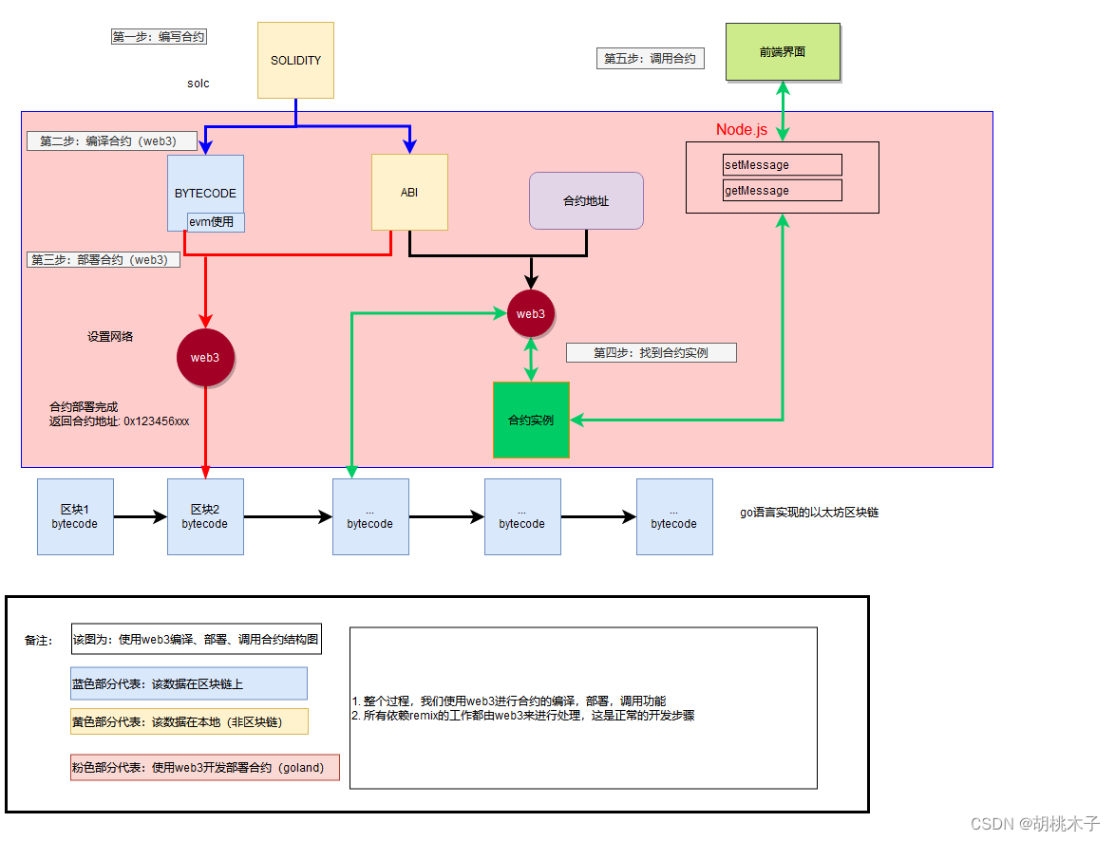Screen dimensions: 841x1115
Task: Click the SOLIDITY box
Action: pyautogui.click(x=295, y=60)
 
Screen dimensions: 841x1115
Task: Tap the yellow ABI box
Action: pyautogui.click(x=409, y=192)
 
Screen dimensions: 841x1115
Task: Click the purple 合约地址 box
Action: pyautogui.click(x=586, y=200)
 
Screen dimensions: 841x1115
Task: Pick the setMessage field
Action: pyautogui.click(x=782, y=165)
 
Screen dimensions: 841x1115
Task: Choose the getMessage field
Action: pyautogui.click(x=782, y=191)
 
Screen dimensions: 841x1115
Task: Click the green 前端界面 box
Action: pyautogui.click(x=783, y=52)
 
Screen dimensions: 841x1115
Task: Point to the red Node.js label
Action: pyautogui.click(x=741, y=130)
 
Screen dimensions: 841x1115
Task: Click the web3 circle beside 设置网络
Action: pyautogui.click(x=205, y=358)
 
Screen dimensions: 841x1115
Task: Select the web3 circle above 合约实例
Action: pyautogui.click(x=531, y=314)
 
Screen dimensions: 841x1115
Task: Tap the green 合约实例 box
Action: pyautogui.click(x=531, y=420)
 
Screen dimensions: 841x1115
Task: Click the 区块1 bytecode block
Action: pyautogui.click(x=75, y=516)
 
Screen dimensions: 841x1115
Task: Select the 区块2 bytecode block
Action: pyautogui.click(x=205, y=516)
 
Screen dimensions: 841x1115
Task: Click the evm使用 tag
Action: pyautogui.click(x=217, y=222)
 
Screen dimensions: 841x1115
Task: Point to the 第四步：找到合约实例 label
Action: pyautogui.click(x=651, y=353)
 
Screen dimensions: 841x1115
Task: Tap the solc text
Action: pyautogui.click(x=198, y=84)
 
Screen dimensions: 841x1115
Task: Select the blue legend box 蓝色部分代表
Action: pyautogui.click(x=188, y=683)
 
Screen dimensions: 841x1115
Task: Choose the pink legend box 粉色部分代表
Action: pyautogui.click(x=204, y=767)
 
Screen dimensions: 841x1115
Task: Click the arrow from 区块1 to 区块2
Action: pyautogui.click(x=141, y=517)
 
